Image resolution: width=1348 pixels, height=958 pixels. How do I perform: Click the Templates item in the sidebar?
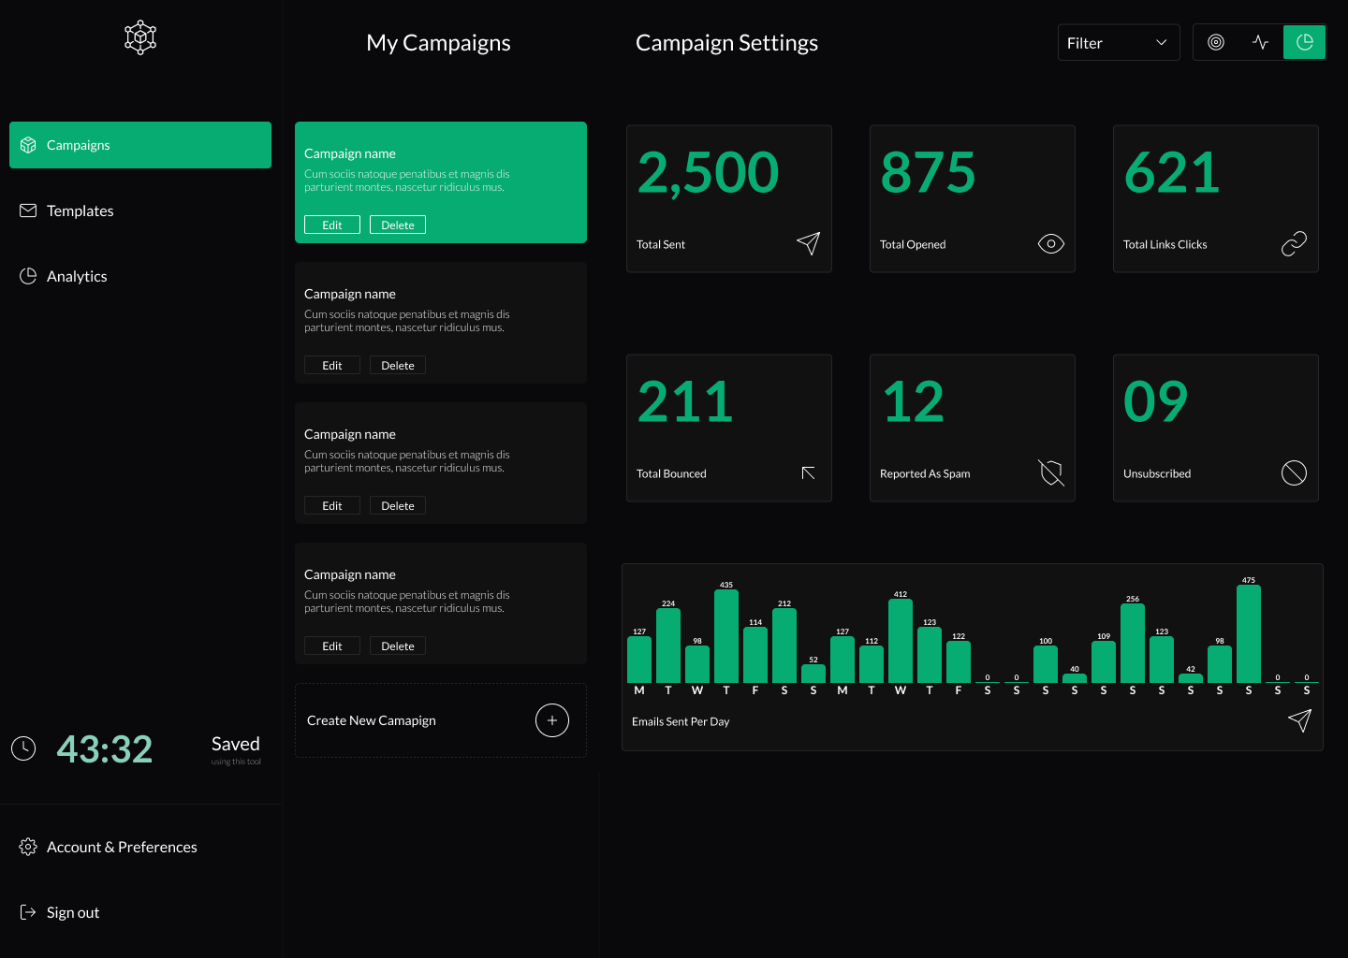[80, 210]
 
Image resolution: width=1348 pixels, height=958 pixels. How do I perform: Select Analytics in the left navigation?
[77, 276]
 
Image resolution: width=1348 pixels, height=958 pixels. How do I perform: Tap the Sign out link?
[72, 912]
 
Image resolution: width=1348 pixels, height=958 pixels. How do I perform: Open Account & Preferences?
[122, 847]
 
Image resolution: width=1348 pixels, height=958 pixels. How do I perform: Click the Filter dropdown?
[1118, 43]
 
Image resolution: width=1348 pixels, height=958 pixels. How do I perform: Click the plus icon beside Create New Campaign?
[552, 720]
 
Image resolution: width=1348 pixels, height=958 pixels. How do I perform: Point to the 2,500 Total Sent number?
[708, 173]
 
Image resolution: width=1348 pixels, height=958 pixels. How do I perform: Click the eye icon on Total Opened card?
[1050, 244]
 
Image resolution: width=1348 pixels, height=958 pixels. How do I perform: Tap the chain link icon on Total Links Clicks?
[1294, 244]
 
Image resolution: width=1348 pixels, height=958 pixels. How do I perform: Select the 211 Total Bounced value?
[685, 402]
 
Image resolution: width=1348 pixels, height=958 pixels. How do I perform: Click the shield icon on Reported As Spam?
[1051, 473]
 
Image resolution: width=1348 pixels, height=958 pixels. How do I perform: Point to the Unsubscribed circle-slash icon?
[1294, 473]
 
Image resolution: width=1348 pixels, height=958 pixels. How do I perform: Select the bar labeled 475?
[1248, 634]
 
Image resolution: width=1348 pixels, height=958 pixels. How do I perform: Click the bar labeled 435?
[726, 636]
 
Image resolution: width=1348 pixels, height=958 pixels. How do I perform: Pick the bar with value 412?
[901, 641]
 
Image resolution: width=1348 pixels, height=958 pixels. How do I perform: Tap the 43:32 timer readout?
[104, 749]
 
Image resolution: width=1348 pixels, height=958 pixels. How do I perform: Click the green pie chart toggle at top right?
[1304, 42]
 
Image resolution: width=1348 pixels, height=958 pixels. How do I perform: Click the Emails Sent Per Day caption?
[681, 721]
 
